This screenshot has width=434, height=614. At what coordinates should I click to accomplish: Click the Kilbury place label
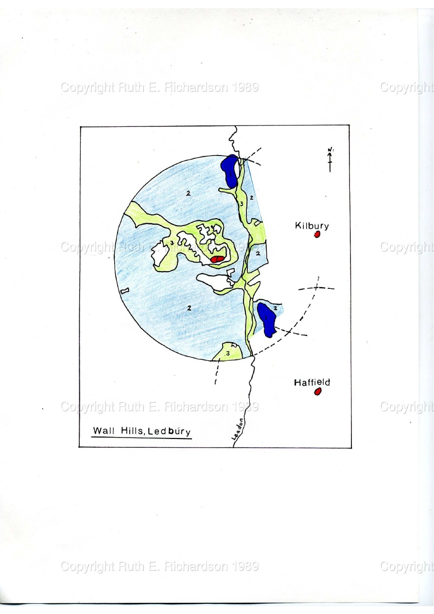coord(312,226)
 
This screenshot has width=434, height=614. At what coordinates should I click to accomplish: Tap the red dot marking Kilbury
coord(317,234)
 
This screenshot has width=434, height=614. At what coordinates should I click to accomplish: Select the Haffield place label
coord(312,383)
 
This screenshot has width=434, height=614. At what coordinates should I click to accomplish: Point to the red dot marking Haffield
coord(318,392)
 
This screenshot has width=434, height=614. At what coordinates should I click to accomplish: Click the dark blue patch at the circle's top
coord(229,171)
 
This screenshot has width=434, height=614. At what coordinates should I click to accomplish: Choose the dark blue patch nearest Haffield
coord(267,319)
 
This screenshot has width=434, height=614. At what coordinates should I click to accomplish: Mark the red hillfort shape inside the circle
coord(218,259)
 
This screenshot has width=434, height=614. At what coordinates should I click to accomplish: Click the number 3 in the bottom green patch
coord(227,353)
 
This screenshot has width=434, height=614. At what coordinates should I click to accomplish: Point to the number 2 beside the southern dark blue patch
coord(276,308)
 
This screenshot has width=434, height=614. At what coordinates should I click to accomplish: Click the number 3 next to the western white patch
coord(172,243)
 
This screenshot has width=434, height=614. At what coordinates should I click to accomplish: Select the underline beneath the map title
coord(141,438)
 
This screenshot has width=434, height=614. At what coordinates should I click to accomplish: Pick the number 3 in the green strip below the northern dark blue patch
coord(242,204)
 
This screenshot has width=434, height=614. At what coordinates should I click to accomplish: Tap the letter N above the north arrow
coord(330,150)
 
